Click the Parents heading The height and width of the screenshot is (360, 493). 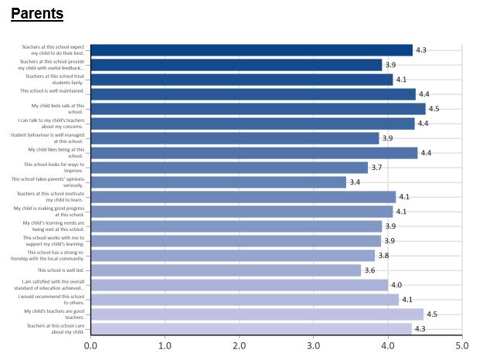(x=37, y=14)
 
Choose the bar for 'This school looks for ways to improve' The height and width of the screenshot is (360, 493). (x=229, y=168)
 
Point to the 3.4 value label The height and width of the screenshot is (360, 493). (x=355, y=182)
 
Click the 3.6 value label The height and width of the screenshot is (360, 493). (x=370, y=270)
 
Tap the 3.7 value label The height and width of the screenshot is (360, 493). (x=377, y=168)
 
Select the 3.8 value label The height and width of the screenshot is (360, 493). (x=384, y=256)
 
